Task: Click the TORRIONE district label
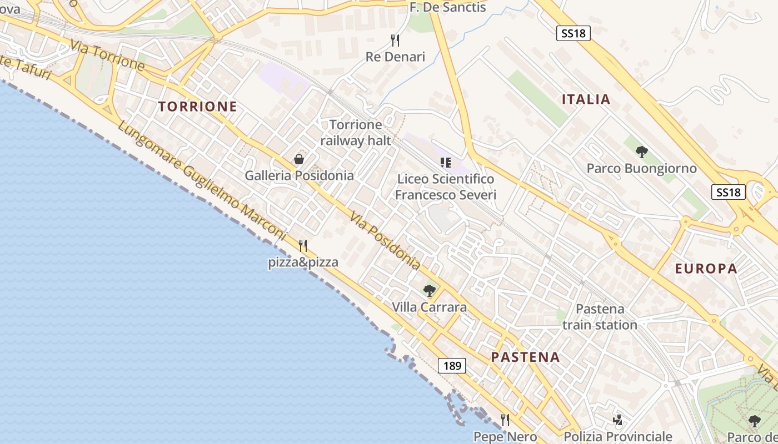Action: [197, 107]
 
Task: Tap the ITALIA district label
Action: [586, 100]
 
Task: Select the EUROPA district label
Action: [706, 269]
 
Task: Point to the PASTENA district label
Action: [525, 357]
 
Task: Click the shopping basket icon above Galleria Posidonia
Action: [299, 160]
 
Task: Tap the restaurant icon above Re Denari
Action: [395, 40]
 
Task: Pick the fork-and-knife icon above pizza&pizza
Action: [303, 245]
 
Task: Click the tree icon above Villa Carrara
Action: [429, 290]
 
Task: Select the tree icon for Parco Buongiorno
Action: [641, 152]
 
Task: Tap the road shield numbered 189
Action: [452, 366]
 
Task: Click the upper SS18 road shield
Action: [573, 33]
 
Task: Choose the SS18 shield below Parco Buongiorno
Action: [728, 192]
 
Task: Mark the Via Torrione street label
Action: [107, 54]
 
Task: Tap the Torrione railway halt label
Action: [356, 133]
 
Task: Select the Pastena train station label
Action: [600, 317]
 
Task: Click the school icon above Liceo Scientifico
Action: [445, 163]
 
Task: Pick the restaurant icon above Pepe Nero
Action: [505, 420]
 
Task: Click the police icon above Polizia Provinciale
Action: [617, 420]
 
